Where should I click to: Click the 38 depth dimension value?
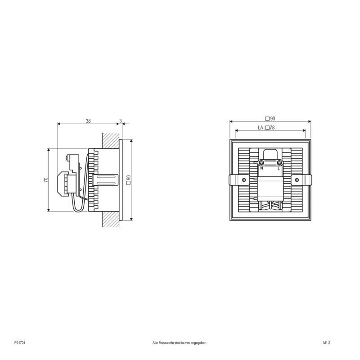coord(88,121)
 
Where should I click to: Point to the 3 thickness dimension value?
coord(120,121)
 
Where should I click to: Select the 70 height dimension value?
coord(46,180)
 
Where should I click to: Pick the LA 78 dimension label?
coord(266,128)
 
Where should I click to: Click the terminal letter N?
coord(261,168)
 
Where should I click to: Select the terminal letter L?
coord(279,168)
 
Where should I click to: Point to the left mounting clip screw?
coord(243,180)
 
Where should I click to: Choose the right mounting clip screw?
coord(297,180)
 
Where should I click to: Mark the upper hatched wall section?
coord(111,140)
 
